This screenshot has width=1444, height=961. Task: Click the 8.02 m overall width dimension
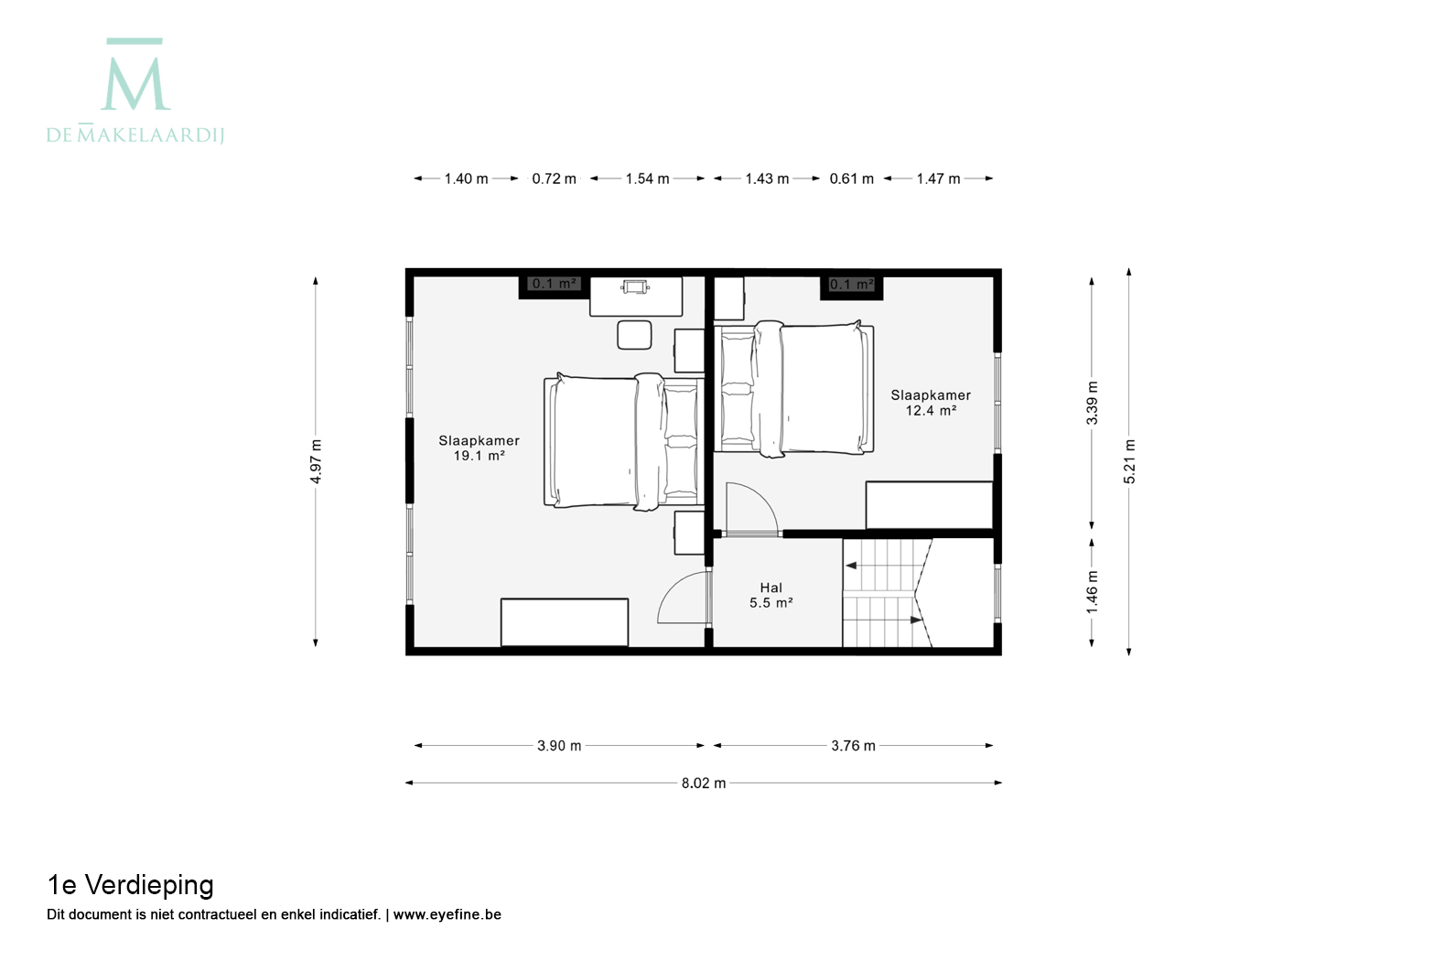(x=704, y=783)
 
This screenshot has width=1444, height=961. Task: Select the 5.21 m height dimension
(x=1129, y=461)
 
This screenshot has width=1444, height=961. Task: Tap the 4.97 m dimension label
(x=316, y=461)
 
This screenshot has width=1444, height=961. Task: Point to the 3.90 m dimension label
(x=559, y=746)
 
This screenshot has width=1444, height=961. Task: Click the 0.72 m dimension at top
(x=554, y=178)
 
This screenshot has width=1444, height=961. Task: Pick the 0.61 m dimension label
(x=852, y=178)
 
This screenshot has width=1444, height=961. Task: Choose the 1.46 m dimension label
(x=1092, y=592)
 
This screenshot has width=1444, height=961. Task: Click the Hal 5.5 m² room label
(x=771, y=595)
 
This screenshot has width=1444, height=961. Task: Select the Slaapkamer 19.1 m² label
(x=479, y=448)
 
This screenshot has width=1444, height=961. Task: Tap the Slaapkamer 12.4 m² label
(x=931, y=403)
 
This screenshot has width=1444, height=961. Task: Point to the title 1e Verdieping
(x=130, y=885)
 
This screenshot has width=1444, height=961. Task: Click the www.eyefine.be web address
(x=447, y=914)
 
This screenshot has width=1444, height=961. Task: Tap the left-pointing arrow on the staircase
(x=852, y=566)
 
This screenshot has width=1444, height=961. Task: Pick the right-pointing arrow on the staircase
(x=916, y=621)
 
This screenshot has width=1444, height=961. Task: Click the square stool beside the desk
(x=634, y=335)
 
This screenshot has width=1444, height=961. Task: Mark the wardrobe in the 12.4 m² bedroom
(x=929, y=505)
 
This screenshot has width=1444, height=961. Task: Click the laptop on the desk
(x=635, y=286)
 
